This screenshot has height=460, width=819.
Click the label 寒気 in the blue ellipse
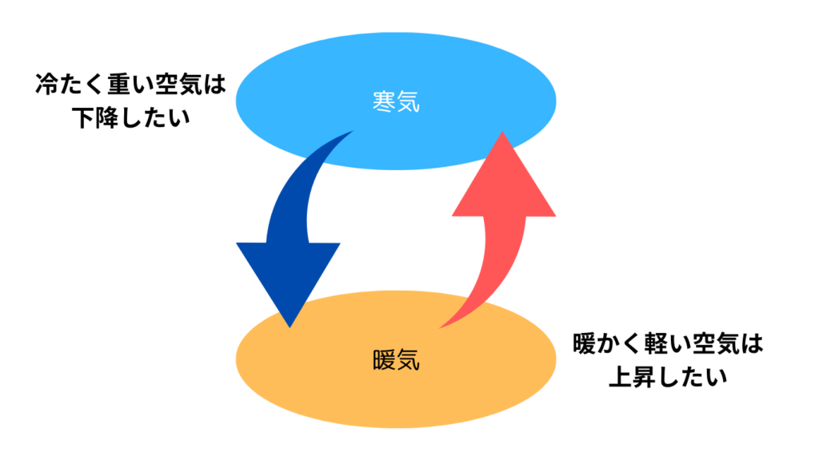pos(396,101)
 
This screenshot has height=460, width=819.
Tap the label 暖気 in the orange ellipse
pos(396,360)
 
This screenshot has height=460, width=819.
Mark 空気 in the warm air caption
pos(715,344)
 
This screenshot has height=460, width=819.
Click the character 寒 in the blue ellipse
pos(384,101)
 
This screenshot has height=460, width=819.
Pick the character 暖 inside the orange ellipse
pos(384,360)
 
